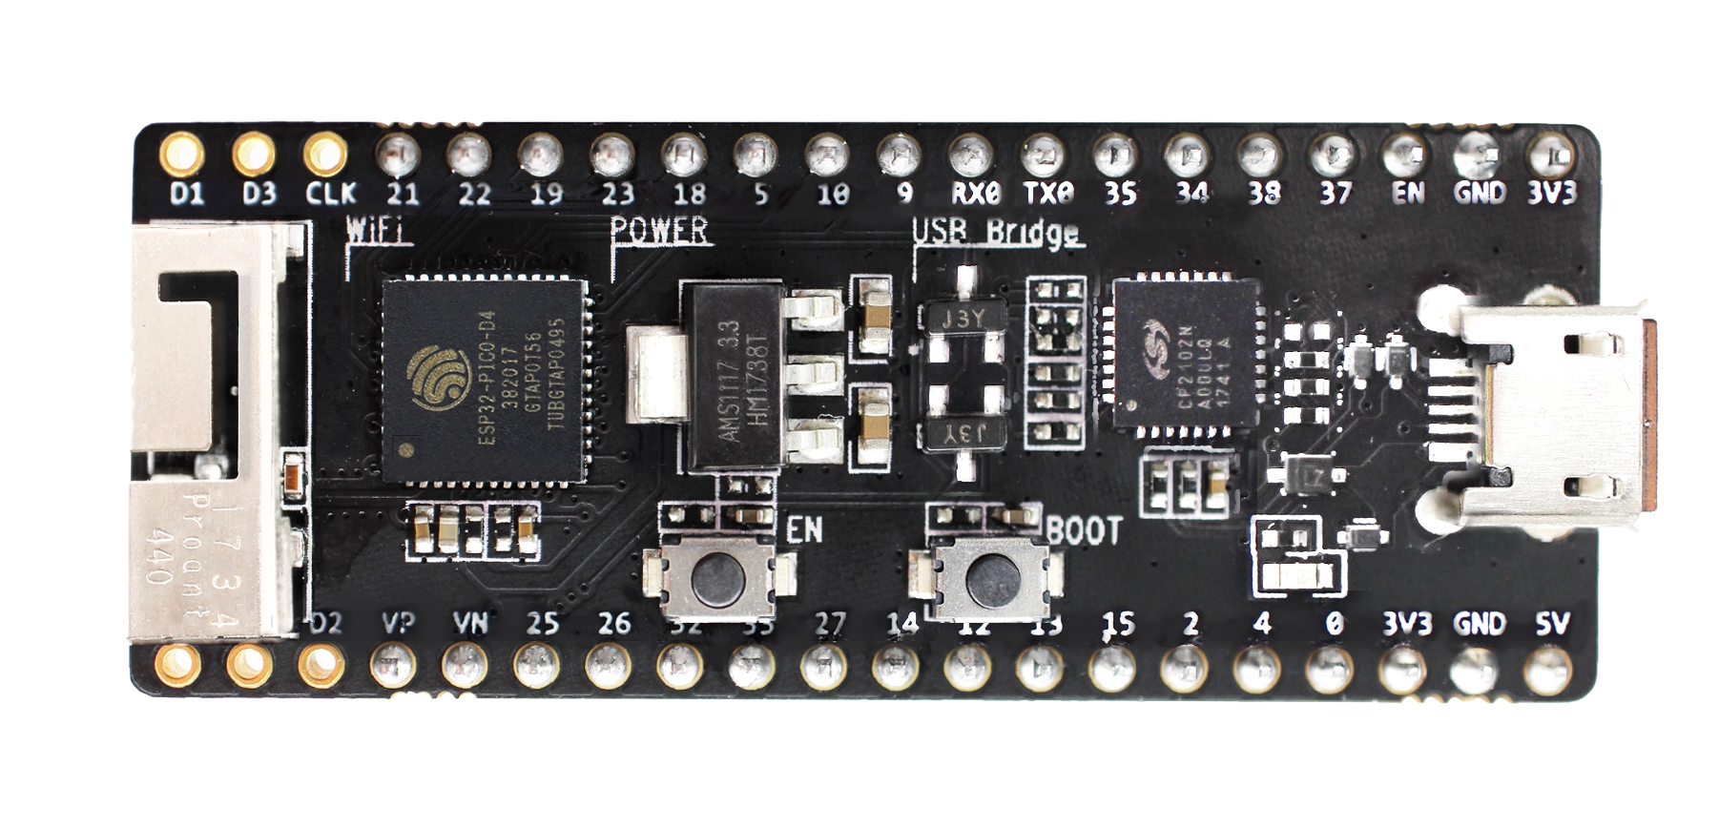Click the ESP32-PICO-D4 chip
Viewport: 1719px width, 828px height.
[485, 380]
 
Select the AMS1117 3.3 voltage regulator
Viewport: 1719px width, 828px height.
[735, 376]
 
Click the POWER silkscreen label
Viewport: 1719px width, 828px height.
[659, 230]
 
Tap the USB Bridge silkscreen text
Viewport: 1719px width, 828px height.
[997, 232]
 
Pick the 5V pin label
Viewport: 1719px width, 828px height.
[1551, 625]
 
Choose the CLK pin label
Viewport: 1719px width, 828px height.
[330, 194]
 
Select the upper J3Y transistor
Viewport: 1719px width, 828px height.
[963, 319]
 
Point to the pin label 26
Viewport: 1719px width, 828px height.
[613, 625]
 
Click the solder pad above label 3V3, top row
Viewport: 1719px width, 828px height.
[1550, 153]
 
